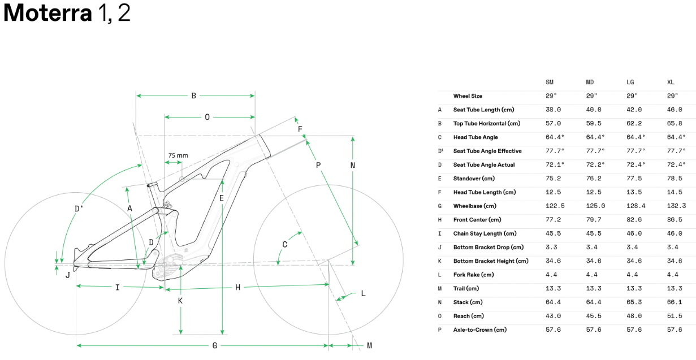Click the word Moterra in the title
tap(47, 13)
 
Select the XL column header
tap(671, 83)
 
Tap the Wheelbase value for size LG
tap(636, 206)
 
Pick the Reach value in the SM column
tap(553, 316)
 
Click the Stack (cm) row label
tap(468, 302)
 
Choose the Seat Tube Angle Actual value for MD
tap(595, 164)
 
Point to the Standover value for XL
tap(675, 179)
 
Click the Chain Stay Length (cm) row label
tap(485, 233)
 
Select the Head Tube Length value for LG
tap(634, 192)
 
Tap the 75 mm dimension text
tap(178, 155)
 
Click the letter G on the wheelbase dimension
tap(215, 346)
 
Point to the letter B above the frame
tap(193, 96)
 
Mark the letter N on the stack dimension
tap(353, 165)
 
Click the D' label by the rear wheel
tap(79, 209)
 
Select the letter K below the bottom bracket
tap(180, 301)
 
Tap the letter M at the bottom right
tap(369, 346)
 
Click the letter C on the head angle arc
tap(284, 245)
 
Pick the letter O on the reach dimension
tap(207, 117)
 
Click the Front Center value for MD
tap(594, 220)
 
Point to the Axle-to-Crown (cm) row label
tap(480, 330)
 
